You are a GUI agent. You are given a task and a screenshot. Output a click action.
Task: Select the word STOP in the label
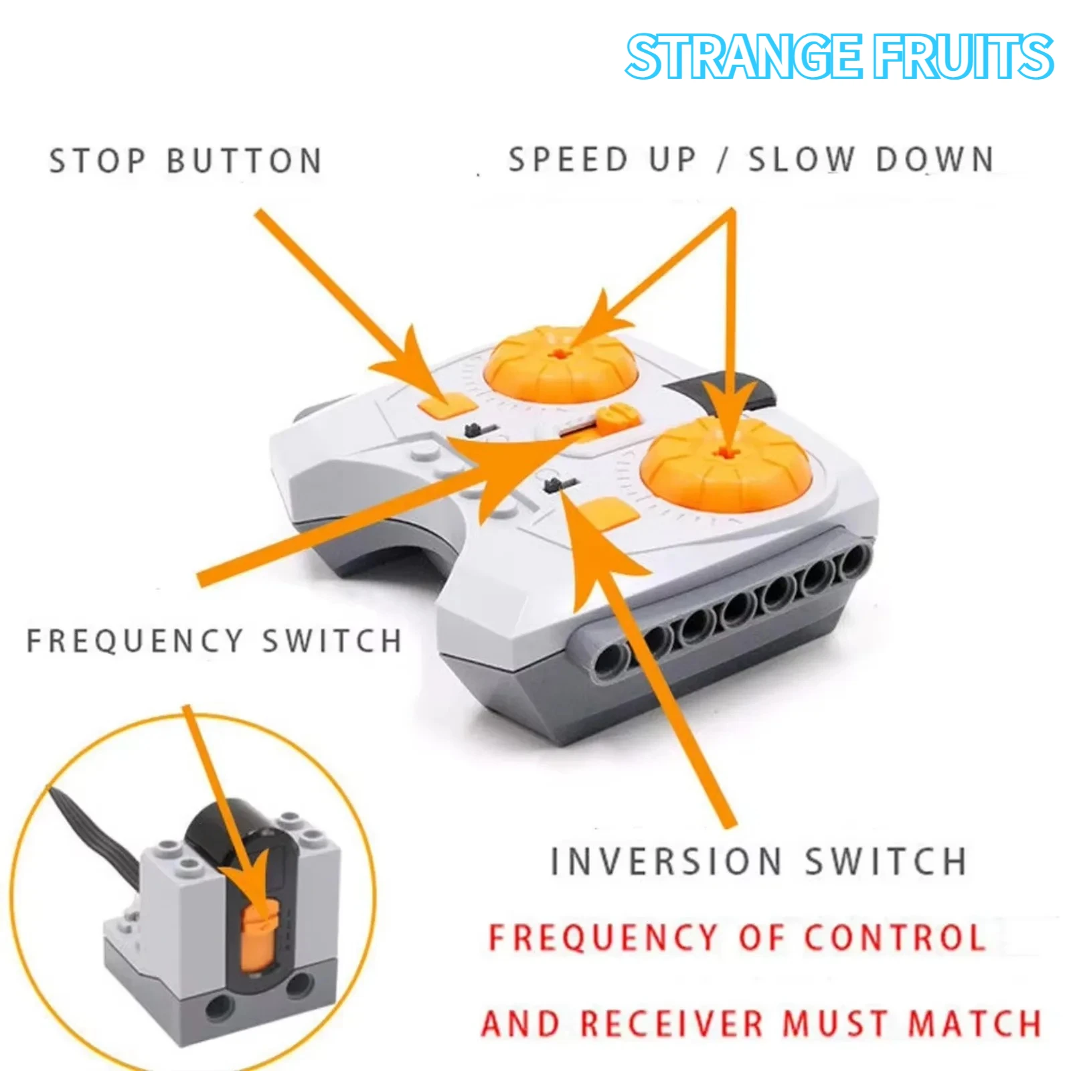coord(97,161)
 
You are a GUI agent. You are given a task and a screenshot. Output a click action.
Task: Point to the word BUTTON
coord(244,161)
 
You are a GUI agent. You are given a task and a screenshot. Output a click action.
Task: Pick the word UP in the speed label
coord(672,159)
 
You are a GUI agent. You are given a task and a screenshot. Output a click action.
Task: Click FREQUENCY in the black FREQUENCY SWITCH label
coord(134,641)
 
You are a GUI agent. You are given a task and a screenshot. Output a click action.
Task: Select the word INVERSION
coord(665,861)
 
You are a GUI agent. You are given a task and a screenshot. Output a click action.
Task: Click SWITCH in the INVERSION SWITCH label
coord(885,861)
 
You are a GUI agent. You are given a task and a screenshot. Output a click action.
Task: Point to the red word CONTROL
coord(894,936)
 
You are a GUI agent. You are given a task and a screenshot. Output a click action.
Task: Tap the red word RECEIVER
coord(671,1023)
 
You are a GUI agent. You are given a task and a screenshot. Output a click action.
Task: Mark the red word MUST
coord(835,1023)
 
